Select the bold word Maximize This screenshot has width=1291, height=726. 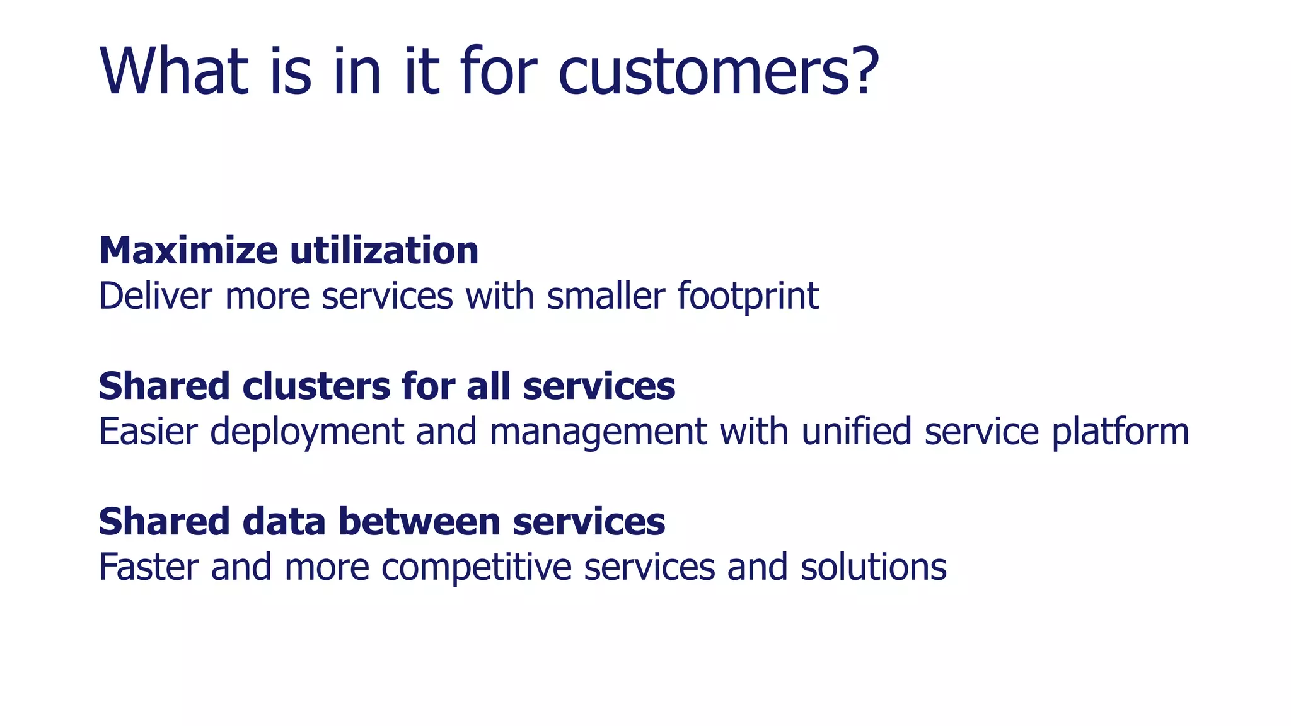[188, 251]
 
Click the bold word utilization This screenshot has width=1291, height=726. [385, 251]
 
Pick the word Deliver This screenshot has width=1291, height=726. [156, 296]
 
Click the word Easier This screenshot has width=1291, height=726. [148, 432]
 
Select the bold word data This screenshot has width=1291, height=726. [284, 522]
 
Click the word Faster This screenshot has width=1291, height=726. [149, 567]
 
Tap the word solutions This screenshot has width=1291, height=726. [874, 567]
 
